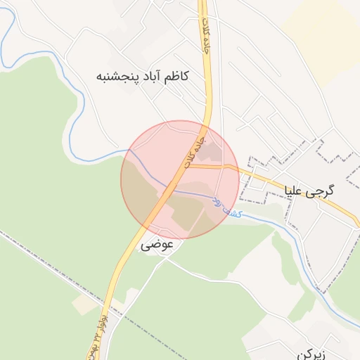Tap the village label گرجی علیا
(x=309, y=190)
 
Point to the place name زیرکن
(x=311, y=354)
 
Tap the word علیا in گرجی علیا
(x=295, y=190)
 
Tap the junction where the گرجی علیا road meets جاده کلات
(x=188, y=167)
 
